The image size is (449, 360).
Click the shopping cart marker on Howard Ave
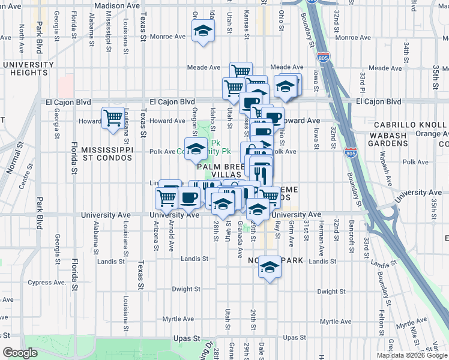pyautogui.click(x=113, y=118)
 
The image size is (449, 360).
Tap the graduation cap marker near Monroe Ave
pyautogui.click(x=203, y=31)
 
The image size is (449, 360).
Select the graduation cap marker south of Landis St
pyautogui.click(x=270, y=267)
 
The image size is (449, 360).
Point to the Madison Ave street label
pyautogui.click(x=117, y=5)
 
